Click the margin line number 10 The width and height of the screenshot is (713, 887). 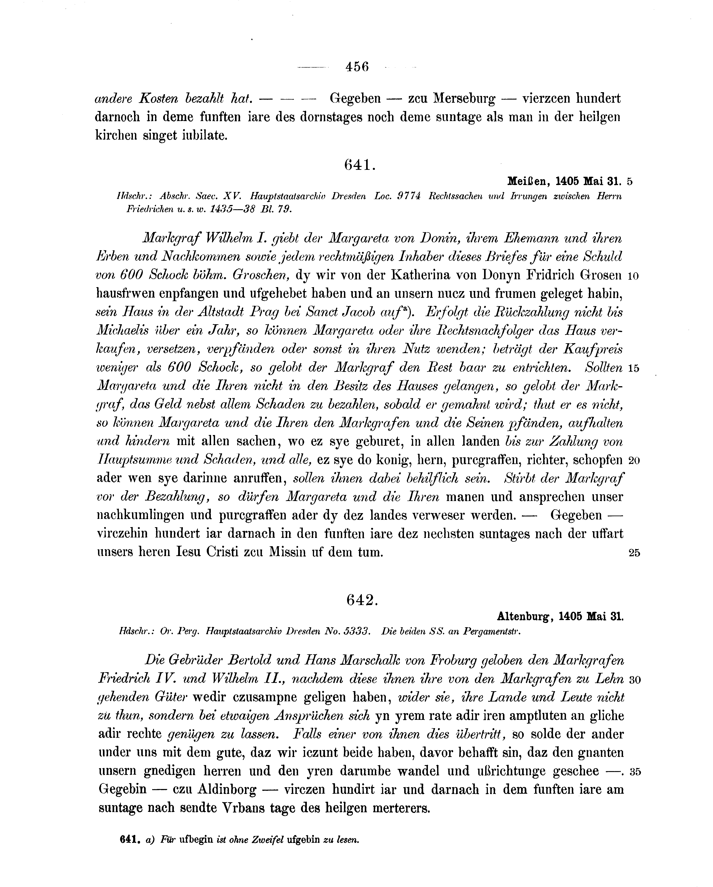point(633,276)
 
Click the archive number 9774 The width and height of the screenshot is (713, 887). point(409,196)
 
